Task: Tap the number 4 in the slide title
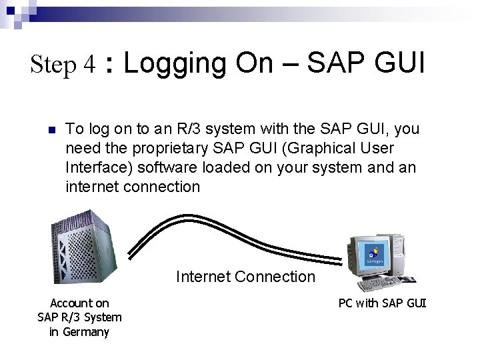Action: [90, 65]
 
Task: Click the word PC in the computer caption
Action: [345, 303]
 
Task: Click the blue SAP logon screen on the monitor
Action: [374, 255]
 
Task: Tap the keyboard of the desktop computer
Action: [380, 284]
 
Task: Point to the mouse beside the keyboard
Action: [407, 279]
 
